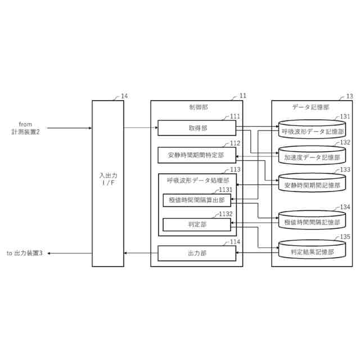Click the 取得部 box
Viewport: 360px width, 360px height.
point(196,128)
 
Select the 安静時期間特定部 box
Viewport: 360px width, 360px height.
point(196,155)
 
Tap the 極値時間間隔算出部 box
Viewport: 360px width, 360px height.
point(196,200)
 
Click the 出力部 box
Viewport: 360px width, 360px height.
point(196,254)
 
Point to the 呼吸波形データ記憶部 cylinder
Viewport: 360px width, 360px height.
point(313,130)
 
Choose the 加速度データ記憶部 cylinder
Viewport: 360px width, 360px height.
point(313,157)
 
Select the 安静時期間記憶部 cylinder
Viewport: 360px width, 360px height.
point(313,183)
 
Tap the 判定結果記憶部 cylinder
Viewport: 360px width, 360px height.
point(313,251)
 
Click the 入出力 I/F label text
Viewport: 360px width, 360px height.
point(107,179)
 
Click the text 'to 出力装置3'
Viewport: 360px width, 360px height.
point(25,254)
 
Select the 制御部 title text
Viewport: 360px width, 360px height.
point(196,107)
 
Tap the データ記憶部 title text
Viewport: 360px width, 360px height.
point(311,107)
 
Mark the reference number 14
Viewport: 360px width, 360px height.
point(124,96)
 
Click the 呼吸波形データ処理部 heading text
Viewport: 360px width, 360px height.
point(197,181)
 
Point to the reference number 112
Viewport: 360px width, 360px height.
point(235,143)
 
